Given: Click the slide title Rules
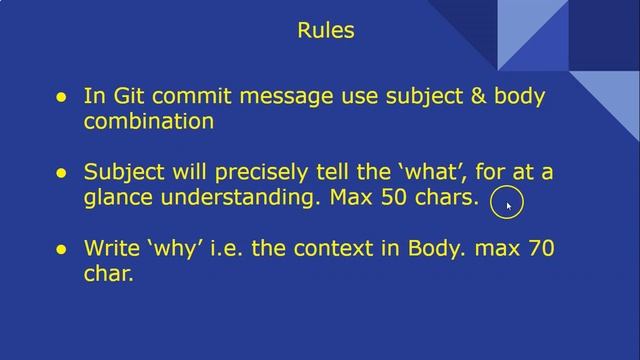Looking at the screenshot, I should (326, 31).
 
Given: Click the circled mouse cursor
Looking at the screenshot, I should (507, 204).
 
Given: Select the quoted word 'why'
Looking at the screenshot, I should (174, 247).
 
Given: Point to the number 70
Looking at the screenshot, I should (539, 247).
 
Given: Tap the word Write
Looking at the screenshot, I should (111, 247).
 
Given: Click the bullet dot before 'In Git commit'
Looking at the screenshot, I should (61, 98).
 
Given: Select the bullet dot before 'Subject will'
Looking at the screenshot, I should (61, 173).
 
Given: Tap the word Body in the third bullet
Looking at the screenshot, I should (431, 247).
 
